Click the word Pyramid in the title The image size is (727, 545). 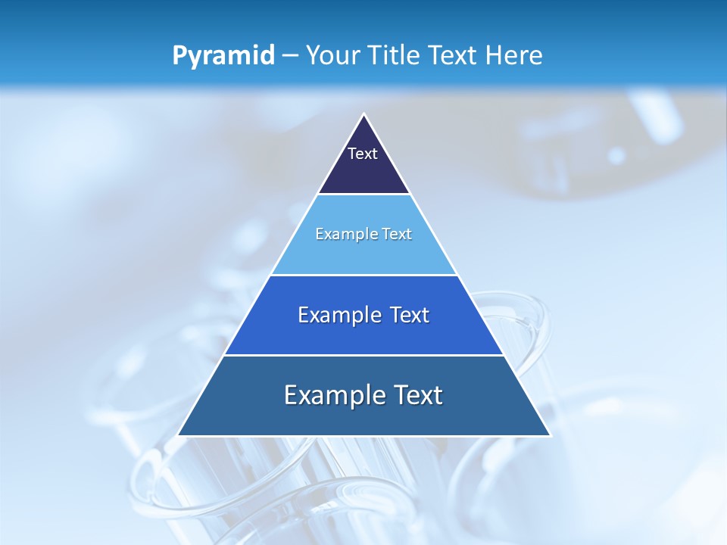click(223, 56)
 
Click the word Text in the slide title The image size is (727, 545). click(454, 55)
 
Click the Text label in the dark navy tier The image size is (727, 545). click(363, 154)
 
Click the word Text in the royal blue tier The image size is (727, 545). click(410, 316)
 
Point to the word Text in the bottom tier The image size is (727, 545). click(417, 396)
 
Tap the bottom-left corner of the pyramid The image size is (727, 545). click(179, 435)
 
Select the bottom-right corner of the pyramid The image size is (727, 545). click(550, 435)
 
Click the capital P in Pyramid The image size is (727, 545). click(179, 56)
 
